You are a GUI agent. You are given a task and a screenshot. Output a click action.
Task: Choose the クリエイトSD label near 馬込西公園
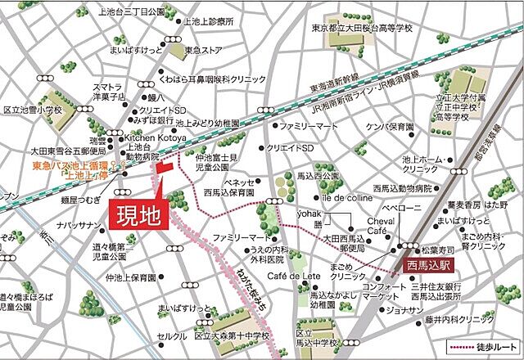click(x=290, y=148)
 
